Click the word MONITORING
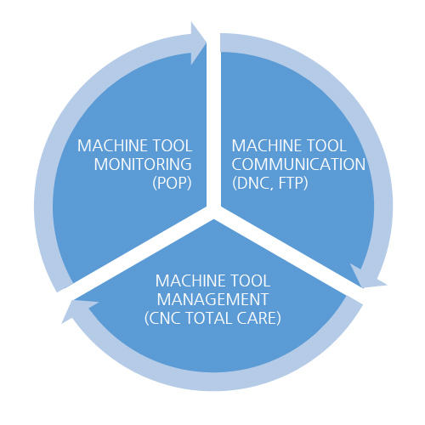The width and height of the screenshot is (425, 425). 143,164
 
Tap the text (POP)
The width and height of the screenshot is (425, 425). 172,183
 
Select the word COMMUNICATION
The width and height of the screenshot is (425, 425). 298,164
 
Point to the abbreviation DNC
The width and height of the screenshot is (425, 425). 251,183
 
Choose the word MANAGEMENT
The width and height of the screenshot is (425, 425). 212,299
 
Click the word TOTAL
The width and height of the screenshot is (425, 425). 209,318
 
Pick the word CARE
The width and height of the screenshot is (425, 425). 258,318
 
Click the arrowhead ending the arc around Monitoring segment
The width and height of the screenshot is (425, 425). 198,43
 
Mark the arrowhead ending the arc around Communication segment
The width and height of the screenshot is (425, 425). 366,277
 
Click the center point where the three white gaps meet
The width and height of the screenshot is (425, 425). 213,212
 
